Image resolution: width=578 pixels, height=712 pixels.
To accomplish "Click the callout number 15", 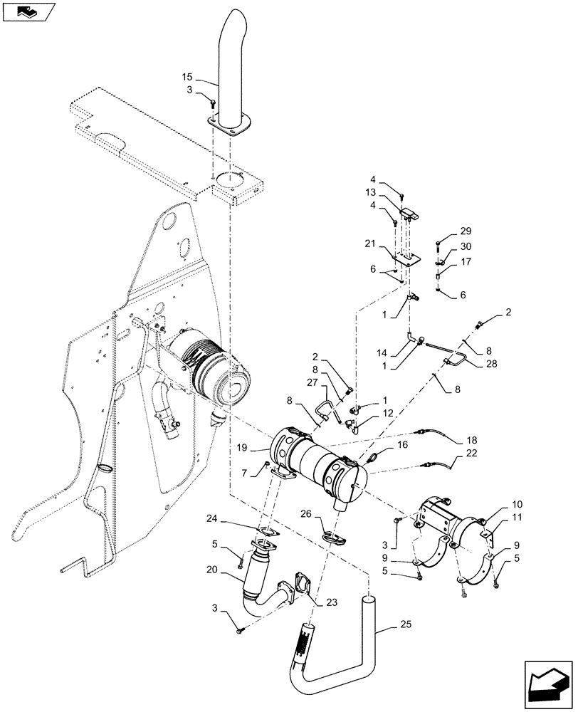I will coord(186,76).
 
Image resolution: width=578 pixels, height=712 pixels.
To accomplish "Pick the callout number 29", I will coord(466,231).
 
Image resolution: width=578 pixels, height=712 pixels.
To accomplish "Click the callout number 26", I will coord(305,513).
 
